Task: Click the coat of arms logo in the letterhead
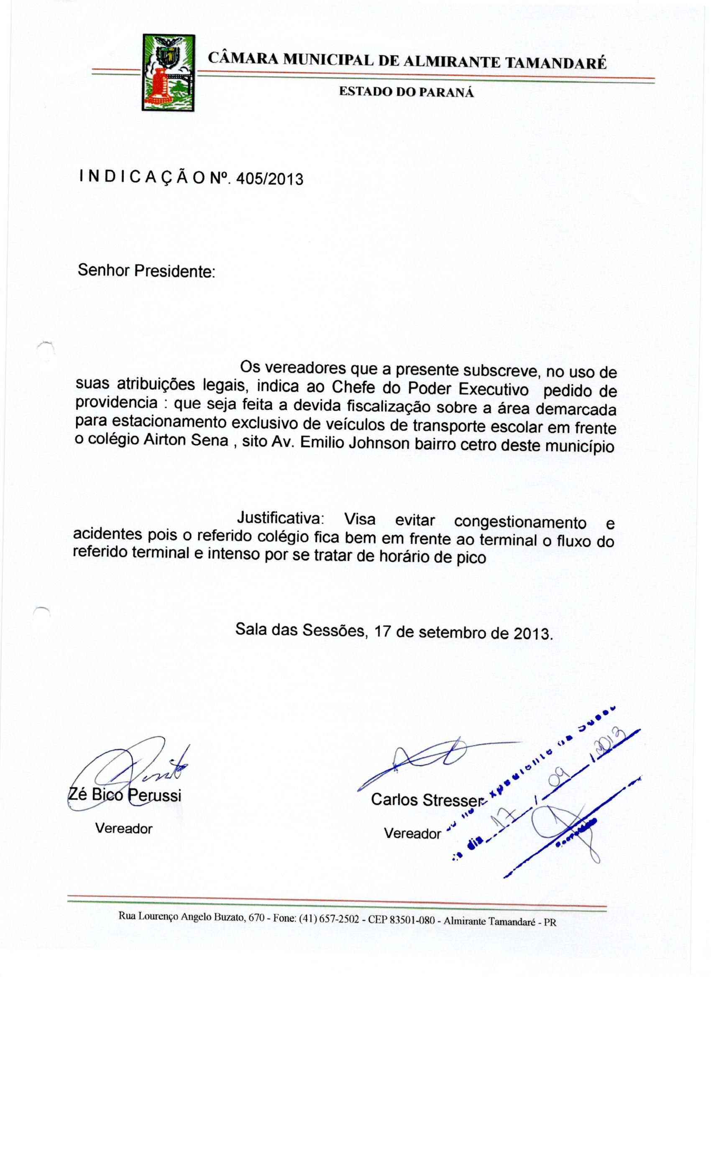coord(168,73)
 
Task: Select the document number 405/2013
coord(269,179)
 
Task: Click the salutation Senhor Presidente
coord(146,271)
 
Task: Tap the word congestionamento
coord(520,522)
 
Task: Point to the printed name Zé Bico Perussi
coord(125,795)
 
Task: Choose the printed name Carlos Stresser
coord(426,800)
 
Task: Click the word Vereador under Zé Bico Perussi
coord(123,829)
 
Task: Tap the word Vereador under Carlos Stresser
coord(412,834)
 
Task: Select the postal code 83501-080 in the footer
coord(412,920)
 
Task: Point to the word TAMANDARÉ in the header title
coord(555,63)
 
